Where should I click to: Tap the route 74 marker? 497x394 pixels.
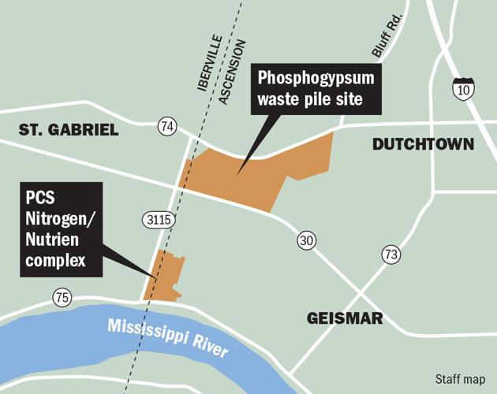166,126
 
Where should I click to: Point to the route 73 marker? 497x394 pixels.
390,254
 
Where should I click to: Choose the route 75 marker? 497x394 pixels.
62,298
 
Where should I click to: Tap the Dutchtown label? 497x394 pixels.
423,144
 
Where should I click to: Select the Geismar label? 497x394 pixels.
345,318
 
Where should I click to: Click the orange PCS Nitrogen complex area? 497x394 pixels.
167,276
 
